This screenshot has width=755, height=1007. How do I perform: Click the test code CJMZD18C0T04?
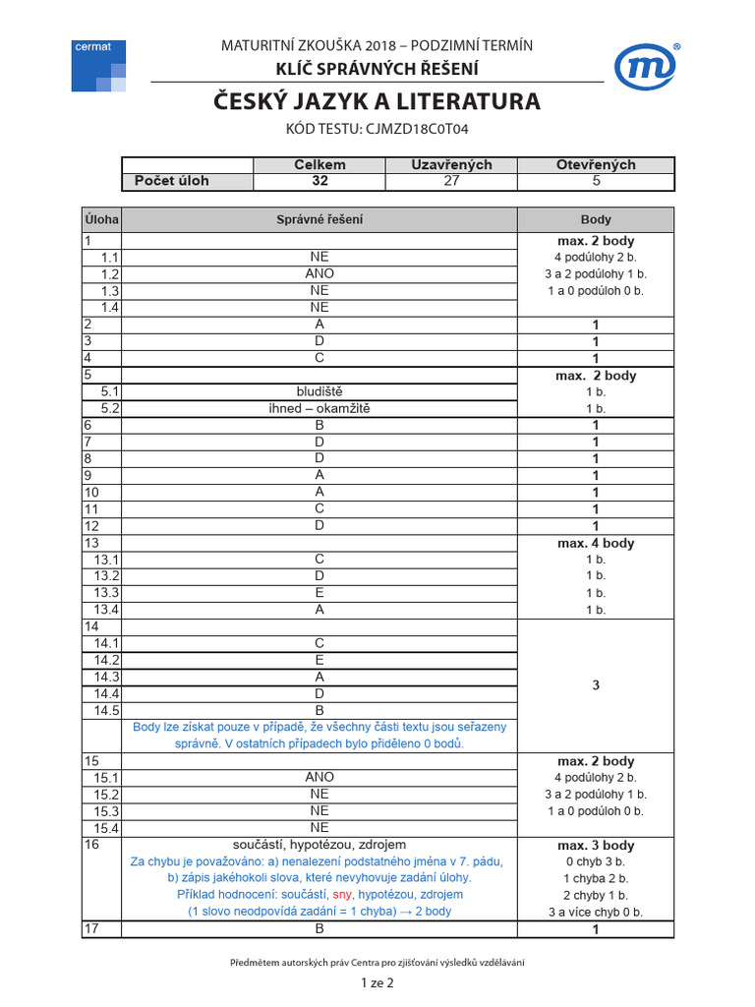(x=377, y=128)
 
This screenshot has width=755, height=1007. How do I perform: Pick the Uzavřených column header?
(x=451, y=165)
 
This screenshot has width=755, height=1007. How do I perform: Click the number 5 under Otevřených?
(x=596, y=181)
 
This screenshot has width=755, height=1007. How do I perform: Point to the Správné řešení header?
(x=319, y=219)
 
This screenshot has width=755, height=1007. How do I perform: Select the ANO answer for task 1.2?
(x=319, y=273)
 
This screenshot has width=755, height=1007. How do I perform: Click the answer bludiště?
(x=319, y=391)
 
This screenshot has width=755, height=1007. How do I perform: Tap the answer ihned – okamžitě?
(x=319, y=408)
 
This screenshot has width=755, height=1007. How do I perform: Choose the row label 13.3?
(x=106, y=592)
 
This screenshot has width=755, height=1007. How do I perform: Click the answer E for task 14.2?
(x=319, y=660)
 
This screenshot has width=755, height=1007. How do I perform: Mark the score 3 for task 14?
(x=596, y=685)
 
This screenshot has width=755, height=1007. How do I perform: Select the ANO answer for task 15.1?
(x=319, y=777)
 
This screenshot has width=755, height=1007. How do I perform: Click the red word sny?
(x=342, y=895)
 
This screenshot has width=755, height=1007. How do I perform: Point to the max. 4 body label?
(x=596, y=543)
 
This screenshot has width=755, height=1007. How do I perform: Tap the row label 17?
(x=92, y=928)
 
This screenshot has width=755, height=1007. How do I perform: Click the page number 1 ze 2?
(x=377, y=982)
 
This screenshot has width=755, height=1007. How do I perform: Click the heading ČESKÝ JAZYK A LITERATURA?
(x=377, y=101)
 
